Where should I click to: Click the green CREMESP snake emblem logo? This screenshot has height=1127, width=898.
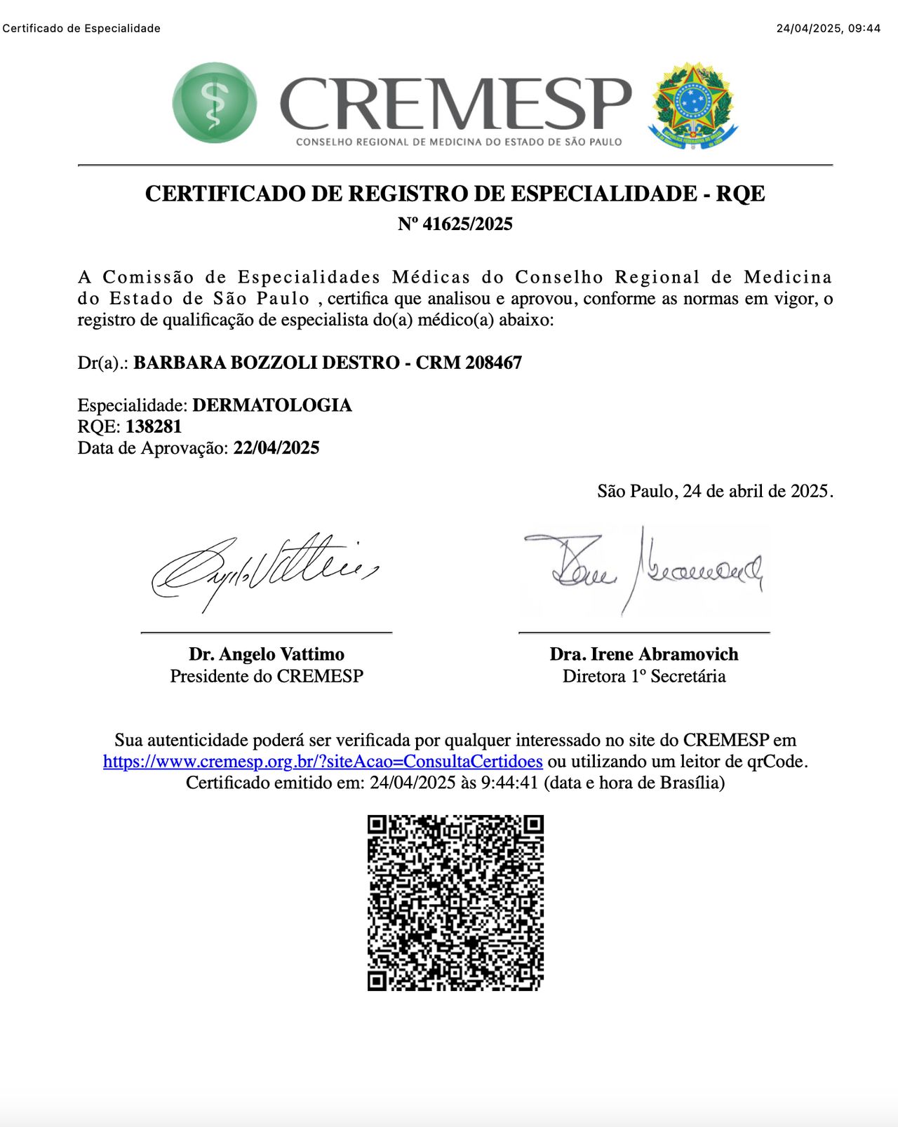tap(215, 102)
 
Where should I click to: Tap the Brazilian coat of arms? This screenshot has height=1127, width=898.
tap(693, 105)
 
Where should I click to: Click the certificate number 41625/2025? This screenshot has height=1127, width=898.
tap(467, 224)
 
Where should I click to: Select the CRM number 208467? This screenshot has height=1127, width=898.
tap(494, 363)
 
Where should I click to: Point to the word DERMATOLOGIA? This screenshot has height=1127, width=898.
tap(272, 405)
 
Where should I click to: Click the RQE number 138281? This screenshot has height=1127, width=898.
tap(154, 426)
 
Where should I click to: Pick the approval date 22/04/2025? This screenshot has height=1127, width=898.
tap(276, 448)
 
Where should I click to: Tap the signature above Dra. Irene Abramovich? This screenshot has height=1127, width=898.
tap(644, 569)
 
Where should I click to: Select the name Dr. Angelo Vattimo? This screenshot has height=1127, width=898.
tap(267, 654)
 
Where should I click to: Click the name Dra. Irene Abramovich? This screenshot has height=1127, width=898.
tap(644, 654)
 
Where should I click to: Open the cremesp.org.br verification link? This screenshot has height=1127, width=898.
tap(323, 762)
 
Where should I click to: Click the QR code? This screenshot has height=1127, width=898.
tap(455, 903)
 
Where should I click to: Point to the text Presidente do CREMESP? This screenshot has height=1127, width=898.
tap(267, 676)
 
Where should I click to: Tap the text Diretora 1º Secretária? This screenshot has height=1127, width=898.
tap(644, 676)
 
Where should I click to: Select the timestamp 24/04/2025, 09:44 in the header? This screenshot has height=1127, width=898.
tap(828, 29)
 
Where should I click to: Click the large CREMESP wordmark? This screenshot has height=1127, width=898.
tap(456, 104)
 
